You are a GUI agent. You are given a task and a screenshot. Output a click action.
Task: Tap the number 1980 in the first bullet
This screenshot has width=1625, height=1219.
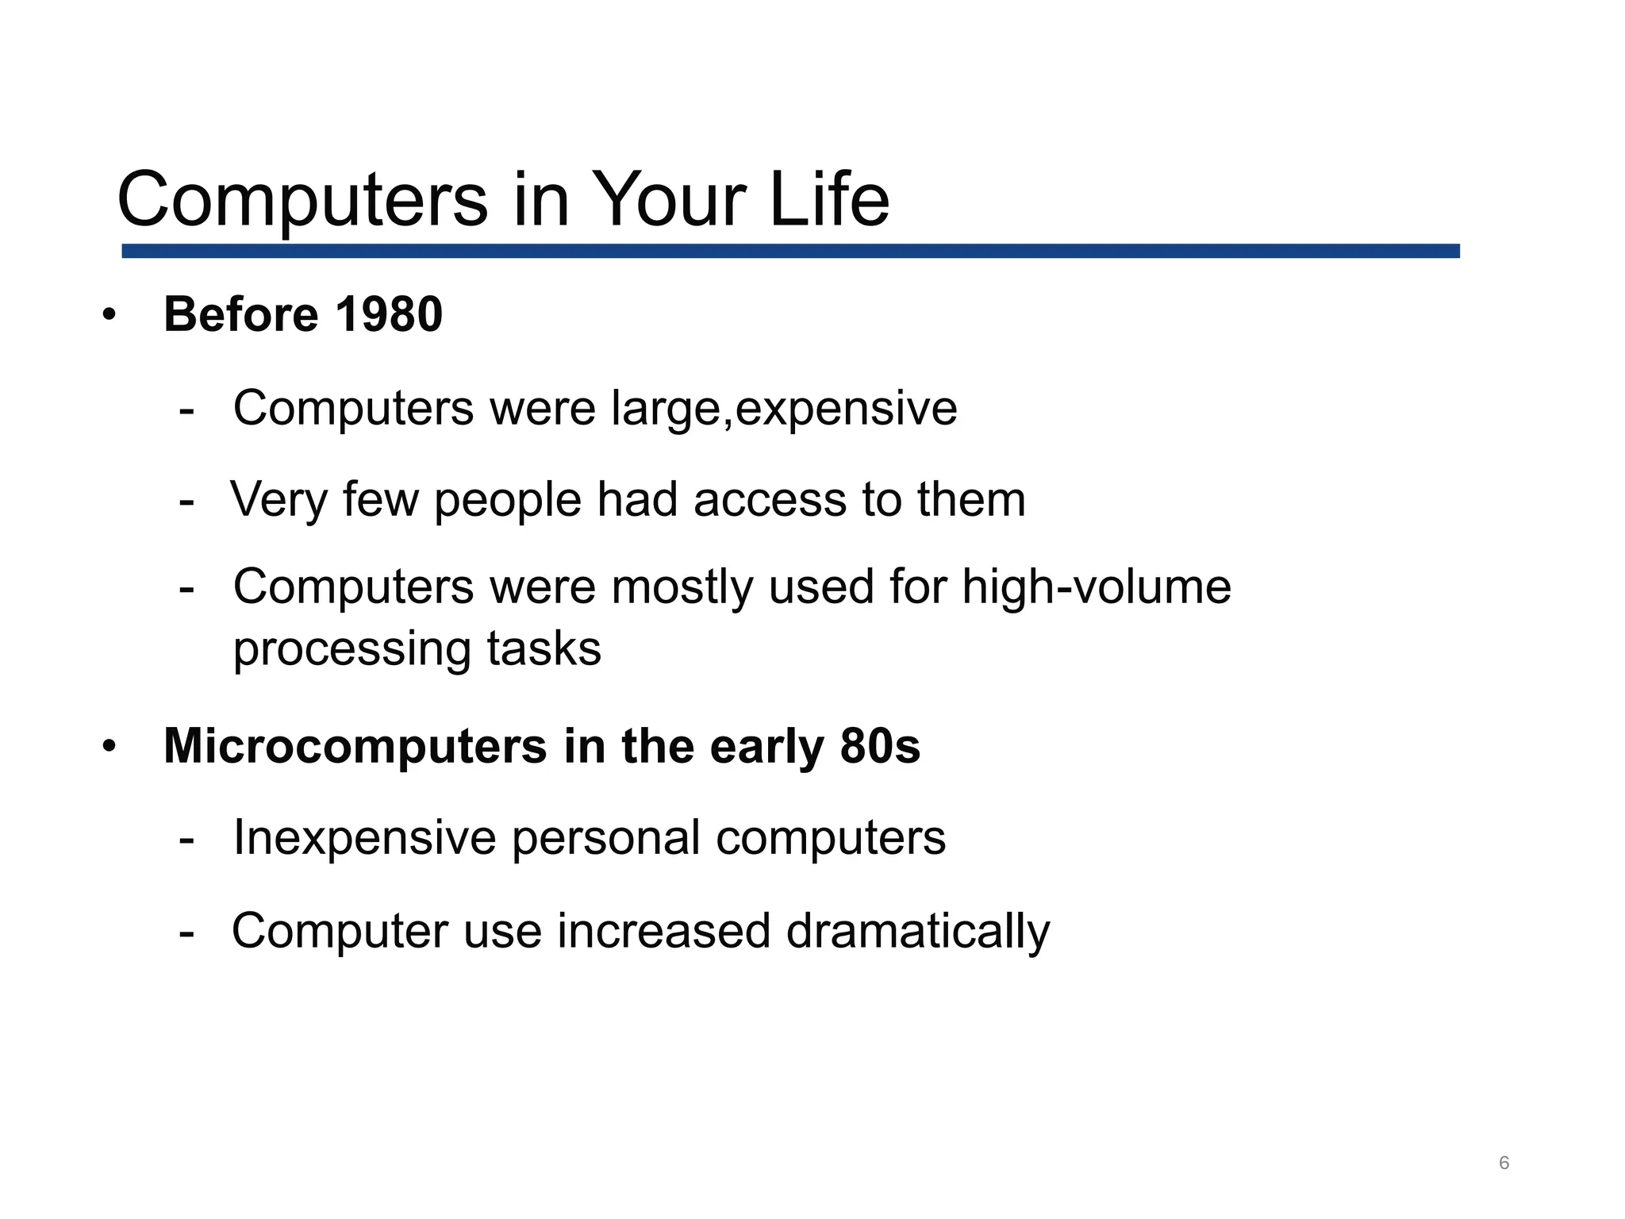(x=389, y=314)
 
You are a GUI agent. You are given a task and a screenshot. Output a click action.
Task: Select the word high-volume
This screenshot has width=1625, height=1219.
(x=1096, y=587)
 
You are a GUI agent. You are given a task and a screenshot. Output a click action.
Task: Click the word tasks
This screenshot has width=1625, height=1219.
(x=544, y=649)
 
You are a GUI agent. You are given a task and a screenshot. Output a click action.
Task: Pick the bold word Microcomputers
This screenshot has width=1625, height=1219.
(x=355, y=747)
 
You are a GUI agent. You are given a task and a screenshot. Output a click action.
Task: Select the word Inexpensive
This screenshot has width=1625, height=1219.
(x=364, y=838)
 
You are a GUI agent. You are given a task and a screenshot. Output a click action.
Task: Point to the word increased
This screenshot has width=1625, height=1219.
(x=663, y=931)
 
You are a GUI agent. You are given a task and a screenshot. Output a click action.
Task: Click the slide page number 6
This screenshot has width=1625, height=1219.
(x=1504, y=1163)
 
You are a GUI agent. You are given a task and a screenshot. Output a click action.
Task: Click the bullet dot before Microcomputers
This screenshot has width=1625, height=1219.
(x=109, y=747)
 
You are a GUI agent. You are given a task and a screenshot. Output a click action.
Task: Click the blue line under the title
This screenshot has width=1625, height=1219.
(x=790, y=251)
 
